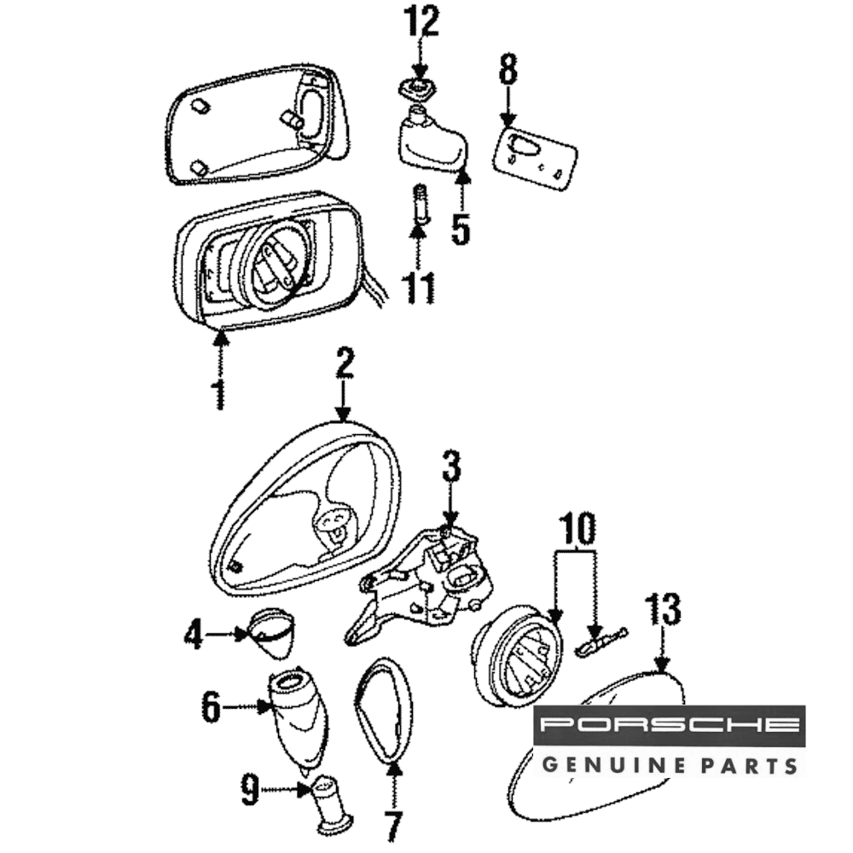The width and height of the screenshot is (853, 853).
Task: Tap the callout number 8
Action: point(508,70)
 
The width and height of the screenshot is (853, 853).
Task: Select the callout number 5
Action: point(461,228)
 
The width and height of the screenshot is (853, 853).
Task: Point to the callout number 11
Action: point(419,288)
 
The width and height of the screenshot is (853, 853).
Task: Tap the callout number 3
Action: point(450,467)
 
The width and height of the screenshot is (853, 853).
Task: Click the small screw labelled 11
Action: point(420,207)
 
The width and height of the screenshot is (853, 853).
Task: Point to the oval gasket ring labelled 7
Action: point(384,708)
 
